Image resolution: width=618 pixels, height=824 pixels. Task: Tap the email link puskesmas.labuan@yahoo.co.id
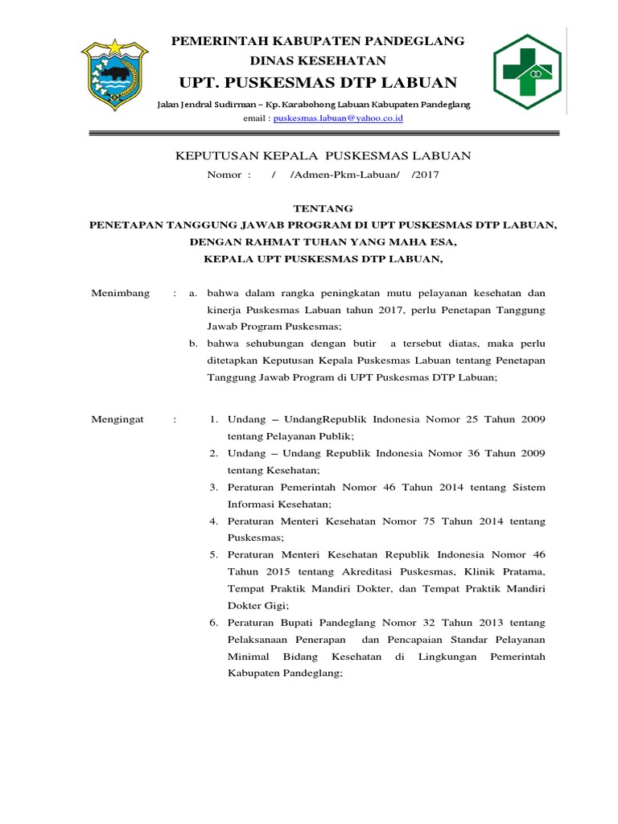click(x=338, y=118)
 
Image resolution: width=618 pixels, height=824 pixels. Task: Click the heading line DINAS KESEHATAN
click(x=319, y=61)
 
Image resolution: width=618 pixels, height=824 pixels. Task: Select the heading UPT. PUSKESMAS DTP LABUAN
click(x=318, y=83)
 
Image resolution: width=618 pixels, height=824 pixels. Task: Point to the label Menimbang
click(x=122, y=293)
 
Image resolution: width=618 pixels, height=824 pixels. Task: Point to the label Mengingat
click(x=121, y=419)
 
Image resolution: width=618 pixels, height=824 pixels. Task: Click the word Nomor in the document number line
click(x=225, y=175)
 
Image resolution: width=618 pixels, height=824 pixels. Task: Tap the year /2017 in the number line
click(x=425, y=175)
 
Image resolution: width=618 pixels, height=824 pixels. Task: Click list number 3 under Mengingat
click(x=214, y=487)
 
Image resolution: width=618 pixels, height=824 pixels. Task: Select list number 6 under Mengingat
click(x=214, y=622)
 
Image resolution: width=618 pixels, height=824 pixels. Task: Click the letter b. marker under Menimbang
click(x=193, y=344)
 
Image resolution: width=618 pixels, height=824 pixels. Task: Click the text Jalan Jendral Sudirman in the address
click(x=206, y=105)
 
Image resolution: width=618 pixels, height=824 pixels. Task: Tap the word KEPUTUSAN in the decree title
click(x=212, y=155)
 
